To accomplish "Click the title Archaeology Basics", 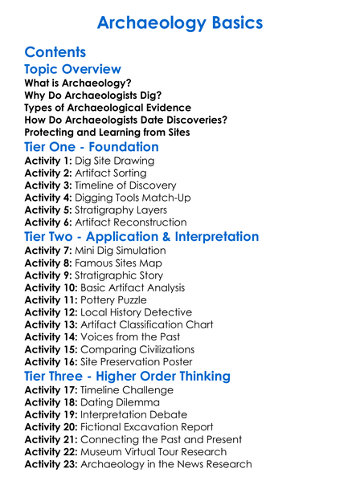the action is click(x=180, y=23).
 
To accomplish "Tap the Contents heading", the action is click(x=55, y=53).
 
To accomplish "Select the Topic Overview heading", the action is click(x=73, y=71).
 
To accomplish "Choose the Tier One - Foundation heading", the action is click(x=92, y=147).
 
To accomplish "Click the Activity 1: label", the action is click(x=48, y=161).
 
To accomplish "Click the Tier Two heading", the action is click(x=141, y=237).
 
